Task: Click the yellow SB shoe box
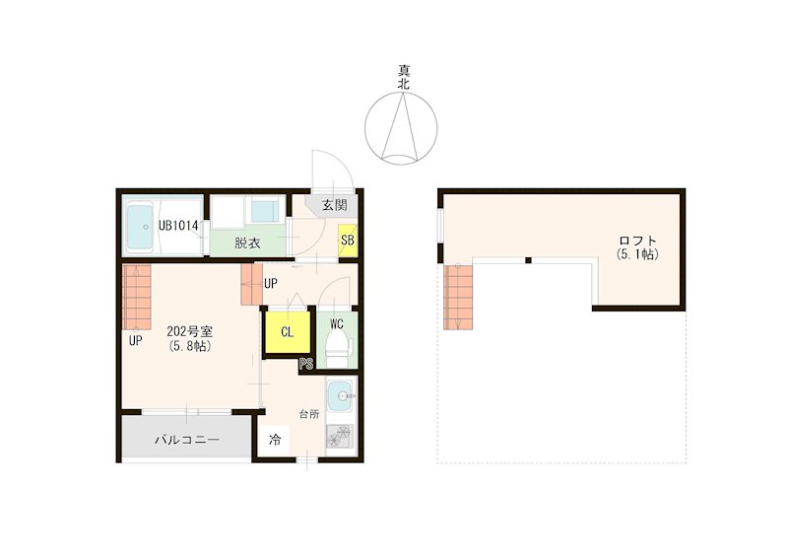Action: point(348,240)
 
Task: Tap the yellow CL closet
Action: point(287,332)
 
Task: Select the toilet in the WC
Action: point(339,348)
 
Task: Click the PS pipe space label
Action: point(305,364)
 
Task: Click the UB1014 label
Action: point(178,226)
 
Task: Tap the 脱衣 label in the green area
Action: point(247,244)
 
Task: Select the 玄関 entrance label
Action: point(335,205)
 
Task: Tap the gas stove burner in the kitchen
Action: point(340,436)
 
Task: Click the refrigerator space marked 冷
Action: point(275,441)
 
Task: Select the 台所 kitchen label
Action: point(309,415)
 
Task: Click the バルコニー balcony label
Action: point(186,440)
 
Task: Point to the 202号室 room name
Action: point(190,331)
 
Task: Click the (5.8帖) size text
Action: point(190,346)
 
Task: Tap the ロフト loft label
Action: point(638,241)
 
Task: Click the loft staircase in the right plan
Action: point(458,297)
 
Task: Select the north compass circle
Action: point(401,128)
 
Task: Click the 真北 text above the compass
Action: point(404,77)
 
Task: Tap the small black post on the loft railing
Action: point(528,260)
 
